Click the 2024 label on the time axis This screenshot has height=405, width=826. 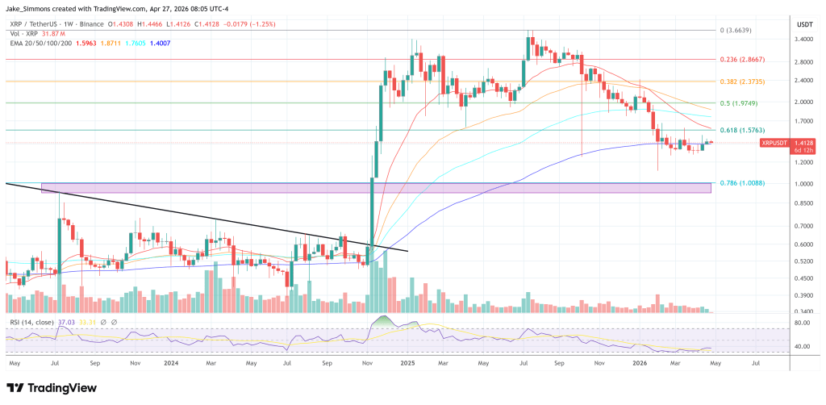(171, 364)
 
